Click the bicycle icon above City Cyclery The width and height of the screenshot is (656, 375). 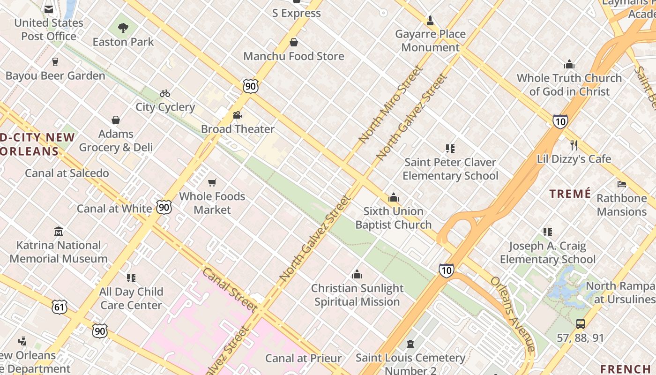coord(164,93)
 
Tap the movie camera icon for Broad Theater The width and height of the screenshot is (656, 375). coord(237,115)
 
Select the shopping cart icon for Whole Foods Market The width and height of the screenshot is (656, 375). coord(212,182)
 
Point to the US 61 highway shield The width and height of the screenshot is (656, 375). coord(60,307)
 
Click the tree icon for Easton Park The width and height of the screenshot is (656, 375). coord(123,28)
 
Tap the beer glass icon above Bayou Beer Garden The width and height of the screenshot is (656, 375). coord(55,62)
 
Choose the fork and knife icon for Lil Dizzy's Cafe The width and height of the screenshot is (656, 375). coord(574,145)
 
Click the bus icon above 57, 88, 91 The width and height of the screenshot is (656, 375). coord(581,323)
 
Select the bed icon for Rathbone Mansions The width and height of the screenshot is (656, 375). coord(621,184)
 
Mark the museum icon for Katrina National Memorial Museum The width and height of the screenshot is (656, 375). coord(59,232)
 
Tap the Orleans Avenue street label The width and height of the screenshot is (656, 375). coord(513,314)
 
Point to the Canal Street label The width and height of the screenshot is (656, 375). coord(230,290)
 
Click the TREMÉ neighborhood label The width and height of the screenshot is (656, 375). coord(570,194)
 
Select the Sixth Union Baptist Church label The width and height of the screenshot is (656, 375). coord(393,218)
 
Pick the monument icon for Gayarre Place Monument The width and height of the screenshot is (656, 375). coord(430,21)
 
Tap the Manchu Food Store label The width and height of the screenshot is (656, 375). coord(294,56)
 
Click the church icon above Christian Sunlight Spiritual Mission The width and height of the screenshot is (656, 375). coord(357,274)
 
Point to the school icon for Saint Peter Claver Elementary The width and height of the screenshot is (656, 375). coord(450,149)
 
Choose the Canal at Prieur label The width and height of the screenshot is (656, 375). coord(303,359)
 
